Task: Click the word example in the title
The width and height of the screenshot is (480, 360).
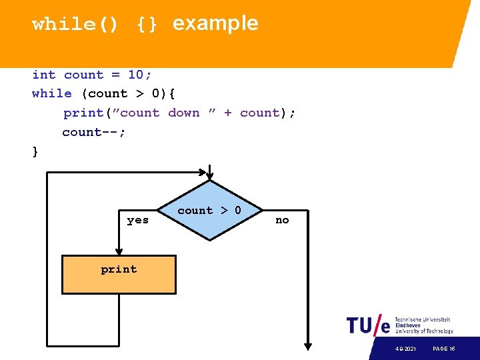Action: coord(215,23)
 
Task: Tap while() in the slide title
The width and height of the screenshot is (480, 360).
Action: coord(75,25)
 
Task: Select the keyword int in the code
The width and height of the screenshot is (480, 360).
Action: coord(44,75)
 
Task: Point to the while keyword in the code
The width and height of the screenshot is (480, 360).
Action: coord(51,94)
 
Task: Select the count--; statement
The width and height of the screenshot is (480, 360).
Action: coord(93,132)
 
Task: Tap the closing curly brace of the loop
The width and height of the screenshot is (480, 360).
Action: coord(35,151)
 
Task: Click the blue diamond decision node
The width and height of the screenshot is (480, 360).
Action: coord(209,210)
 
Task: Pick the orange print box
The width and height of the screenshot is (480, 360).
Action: coord(119,274)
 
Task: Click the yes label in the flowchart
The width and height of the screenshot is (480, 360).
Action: coord(138,220)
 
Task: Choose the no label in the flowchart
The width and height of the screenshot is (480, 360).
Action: coord(282,220)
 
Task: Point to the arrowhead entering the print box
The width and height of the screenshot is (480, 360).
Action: coord(119,251)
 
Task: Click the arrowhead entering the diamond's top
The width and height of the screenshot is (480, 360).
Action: coord(209,176)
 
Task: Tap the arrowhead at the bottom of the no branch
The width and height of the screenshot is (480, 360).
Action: coord(307,345)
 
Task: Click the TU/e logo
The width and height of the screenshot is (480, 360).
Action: coord(367,325)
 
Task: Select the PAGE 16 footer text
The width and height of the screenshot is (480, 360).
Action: coord(443,349)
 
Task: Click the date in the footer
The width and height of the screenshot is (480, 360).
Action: coord(404,349)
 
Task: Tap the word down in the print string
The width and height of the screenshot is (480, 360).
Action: coord(183,113)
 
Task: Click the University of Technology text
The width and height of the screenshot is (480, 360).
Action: coord(424,331)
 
